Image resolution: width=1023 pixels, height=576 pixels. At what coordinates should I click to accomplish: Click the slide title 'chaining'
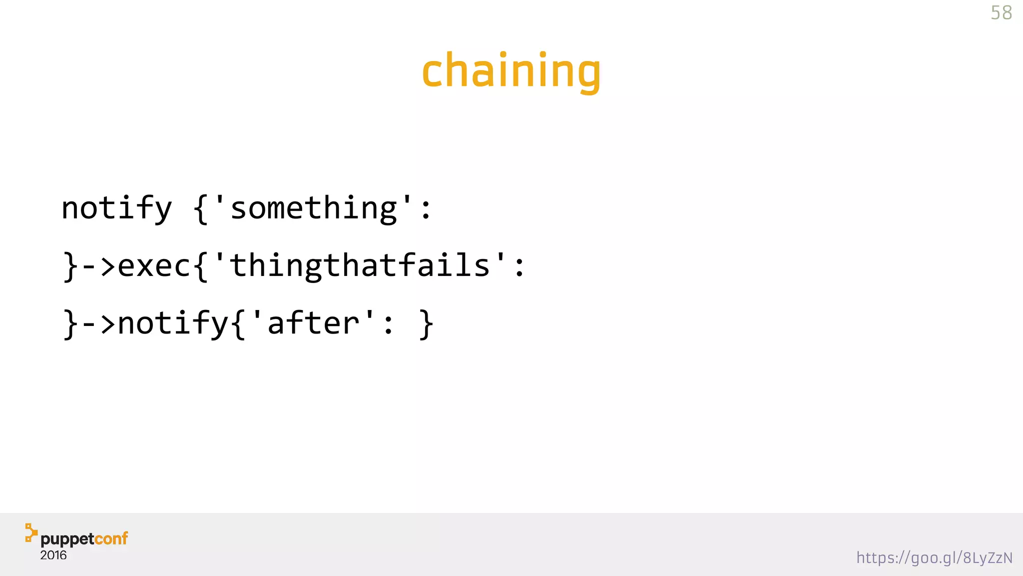(x=511, y=71)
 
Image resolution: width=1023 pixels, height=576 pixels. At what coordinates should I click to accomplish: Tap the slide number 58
(x=1001, y=13)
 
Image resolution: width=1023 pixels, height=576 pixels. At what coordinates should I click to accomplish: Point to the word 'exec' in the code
(x=154, y=265)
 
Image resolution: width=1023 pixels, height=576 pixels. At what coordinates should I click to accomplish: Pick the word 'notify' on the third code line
(x=173, y=323)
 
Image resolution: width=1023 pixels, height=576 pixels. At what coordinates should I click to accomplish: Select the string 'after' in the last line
(x=313, y=323)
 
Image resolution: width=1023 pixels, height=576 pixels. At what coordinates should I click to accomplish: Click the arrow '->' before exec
(x=98, y=265)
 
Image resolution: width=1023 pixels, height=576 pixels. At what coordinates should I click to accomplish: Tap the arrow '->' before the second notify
(x=98, y=323)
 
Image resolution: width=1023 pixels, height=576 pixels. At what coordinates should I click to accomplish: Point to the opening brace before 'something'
(x=201, y=209)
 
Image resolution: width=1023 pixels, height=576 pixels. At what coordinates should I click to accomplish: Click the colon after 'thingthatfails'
(x=519, y=266)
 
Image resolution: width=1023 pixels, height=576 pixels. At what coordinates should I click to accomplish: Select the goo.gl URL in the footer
(x=934, y=557)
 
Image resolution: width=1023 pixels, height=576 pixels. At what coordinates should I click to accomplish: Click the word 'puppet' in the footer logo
(x=67, y=539)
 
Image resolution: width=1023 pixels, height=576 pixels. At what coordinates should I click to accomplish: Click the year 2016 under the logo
(x=53, y=555)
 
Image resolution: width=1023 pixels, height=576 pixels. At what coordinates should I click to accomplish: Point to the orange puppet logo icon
(x=31, y=532)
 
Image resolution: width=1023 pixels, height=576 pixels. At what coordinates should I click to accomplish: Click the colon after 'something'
(x=426, y=209)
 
